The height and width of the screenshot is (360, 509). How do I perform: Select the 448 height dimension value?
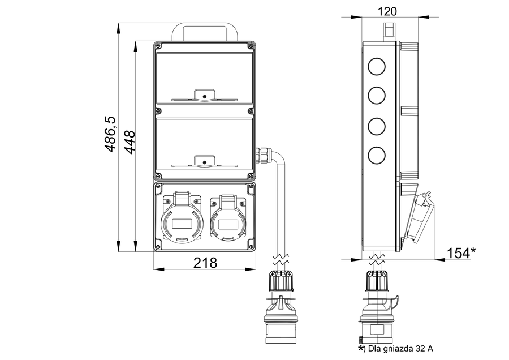[x=129, y=141]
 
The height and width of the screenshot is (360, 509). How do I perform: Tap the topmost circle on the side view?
[x=376, y=67]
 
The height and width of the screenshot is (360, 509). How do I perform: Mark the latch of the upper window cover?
[x=204, y=96]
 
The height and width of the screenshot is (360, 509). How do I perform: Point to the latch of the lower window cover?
[x=204, y=162]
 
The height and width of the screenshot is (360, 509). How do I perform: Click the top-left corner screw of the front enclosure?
[x=158, y=45]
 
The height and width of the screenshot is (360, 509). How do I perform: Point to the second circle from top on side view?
[x=376, y=95]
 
